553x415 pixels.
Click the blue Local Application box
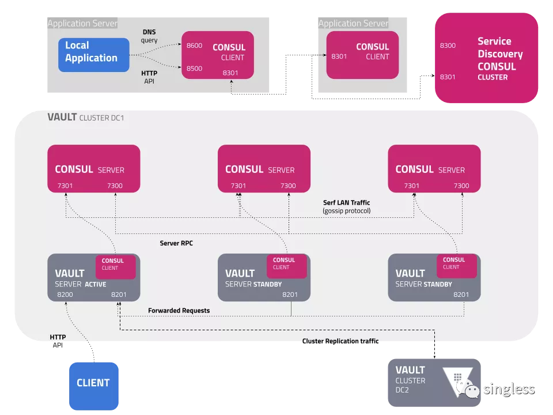[94, 55]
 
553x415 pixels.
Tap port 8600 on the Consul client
[194, 46]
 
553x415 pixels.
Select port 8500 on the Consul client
[194, 69]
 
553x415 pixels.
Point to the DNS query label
[149, 36]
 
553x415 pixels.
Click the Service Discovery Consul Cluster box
[486, 58]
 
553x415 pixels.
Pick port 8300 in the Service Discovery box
[448, 46]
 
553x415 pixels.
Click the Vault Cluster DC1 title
[86, 117]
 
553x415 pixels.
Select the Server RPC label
[176, 243]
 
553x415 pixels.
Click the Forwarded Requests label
[179, 311]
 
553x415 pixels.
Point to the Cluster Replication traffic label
[340, 341]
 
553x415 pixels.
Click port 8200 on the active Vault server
[65, 295]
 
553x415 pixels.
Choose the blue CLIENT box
[94, 386]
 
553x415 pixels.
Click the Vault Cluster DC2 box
[434, 383]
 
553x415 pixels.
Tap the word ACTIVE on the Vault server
[95, 284]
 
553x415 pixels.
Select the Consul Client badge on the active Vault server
[116, 267]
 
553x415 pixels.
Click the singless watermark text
[509, 389]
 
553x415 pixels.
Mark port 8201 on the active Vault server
[119, 295]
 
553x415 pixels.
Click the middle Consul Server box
[264, 169]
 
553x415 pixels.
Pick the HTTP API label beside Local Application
[149, 77]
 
